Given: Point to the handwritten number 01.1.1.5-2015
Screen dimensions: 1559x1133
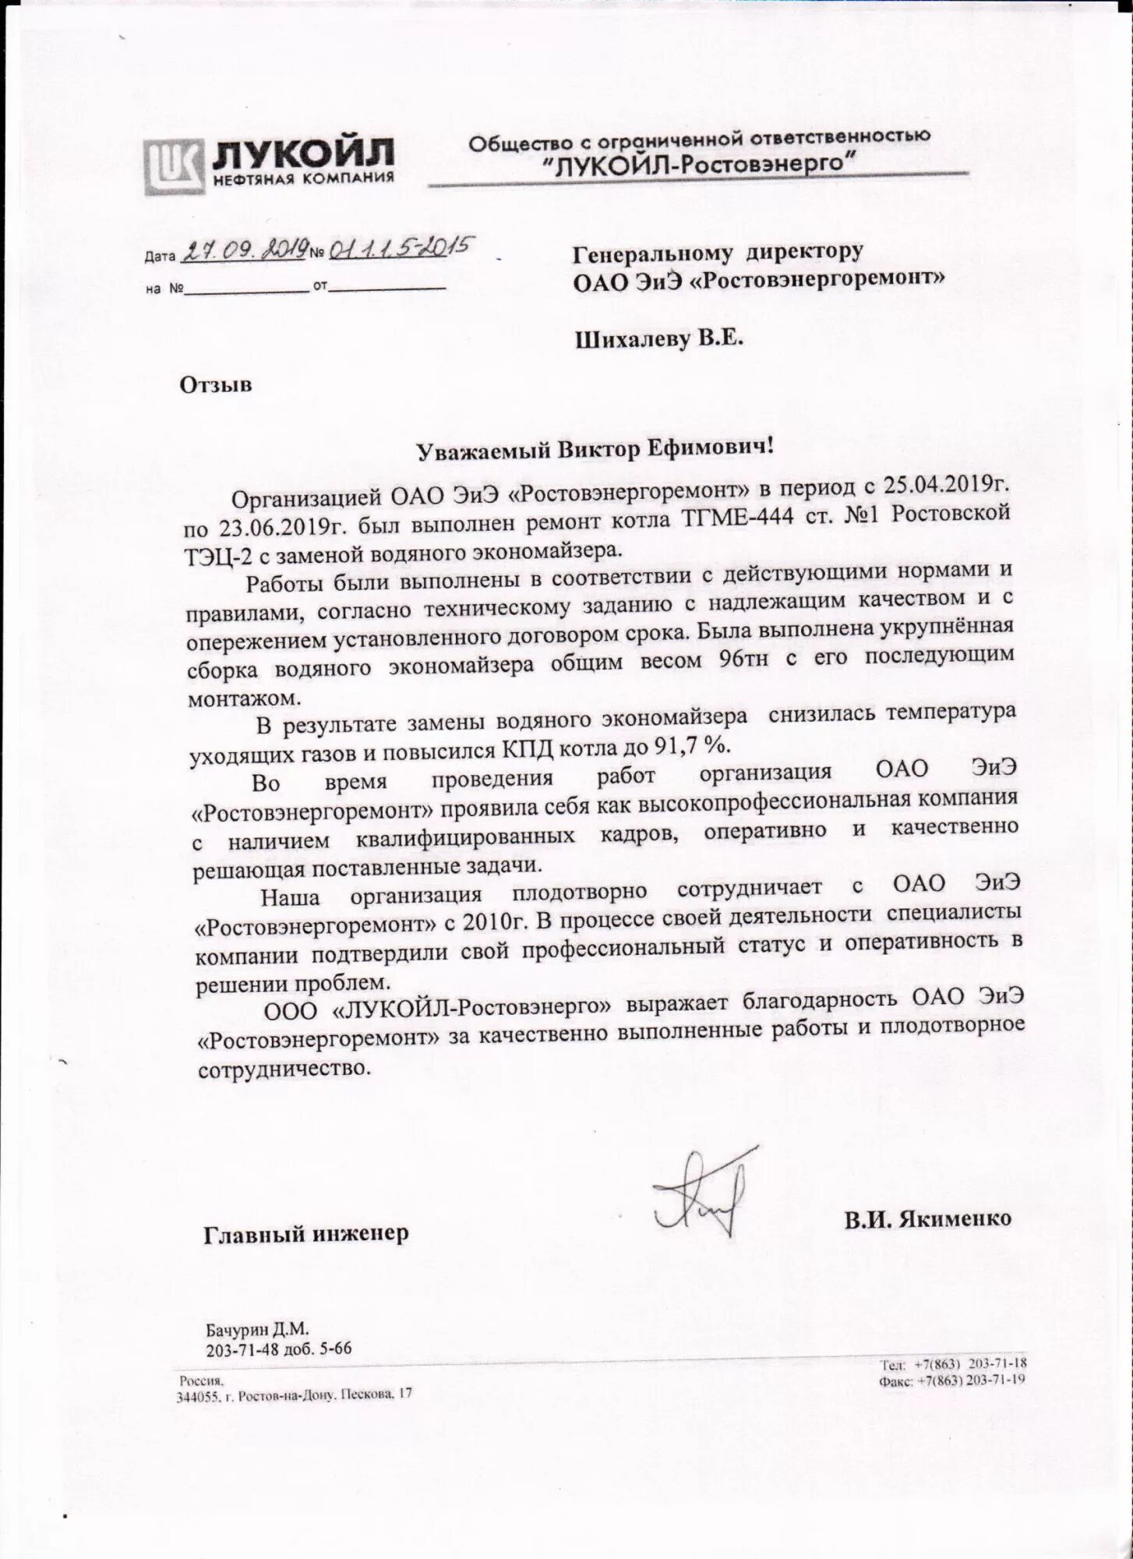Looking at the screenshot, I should point(397,249).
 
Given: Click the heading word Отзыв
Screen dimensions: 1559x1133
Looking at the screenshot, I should point(216,384).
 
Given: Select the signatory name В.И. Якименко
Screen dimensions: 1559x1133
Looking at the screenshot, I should point(928,1218).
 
